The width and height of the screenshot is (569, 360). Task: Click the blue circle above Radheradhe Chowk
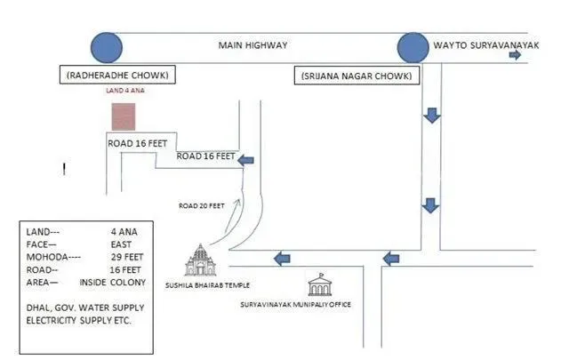coord(107,47)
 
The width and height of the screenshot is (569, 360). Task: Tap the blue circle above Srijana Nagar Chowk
coord(413,48)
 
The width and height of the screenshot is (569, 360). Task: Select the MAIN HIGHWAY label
coord(252,45)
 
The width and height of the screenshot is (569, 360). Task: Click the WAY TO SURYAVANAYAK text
coord(486,45)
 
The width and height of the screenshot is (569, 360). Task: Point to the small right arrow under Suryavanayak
coord(515,55)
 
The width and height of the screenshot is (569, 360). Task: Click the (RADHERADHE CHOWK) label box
coord(117,75)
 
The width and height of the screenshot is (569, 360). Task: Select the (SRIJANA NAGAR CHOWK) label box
coord(357,76)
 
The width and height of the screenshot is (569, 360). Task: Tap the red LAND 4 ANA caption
coord(125,91)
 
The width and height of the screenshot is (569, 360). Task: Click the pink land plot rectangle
coord(124,116)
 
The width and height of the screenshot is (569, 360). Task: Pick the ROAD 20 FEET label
coord(202,205)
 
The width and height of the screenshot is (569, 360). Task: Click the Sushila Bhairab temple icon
coord(200,260)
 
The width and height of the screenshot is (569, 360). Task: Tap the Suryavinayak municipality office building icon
coord(320,284)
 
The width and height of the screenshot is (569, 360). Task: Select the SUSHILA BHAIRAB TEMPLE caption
coord(207,285)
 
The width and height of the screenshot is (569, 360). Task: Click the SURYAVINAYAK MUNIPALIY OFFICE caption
coord(296,304)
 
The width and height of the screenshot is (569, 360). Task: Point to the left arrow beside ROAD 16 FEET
coord(245,160)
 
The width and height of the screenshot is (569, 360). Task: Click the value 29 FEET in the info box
coord(127,257)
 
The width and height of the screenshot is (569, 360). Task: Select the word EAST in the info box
coord(121,244)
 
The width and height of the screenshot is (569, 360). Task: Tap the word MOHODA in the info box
coord(47,257)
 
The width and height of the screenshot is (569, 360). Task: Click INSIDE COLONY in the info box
coord(113,283)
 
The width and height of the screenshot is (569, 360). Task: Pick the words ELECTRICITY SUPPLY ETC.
coord(78,320)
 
